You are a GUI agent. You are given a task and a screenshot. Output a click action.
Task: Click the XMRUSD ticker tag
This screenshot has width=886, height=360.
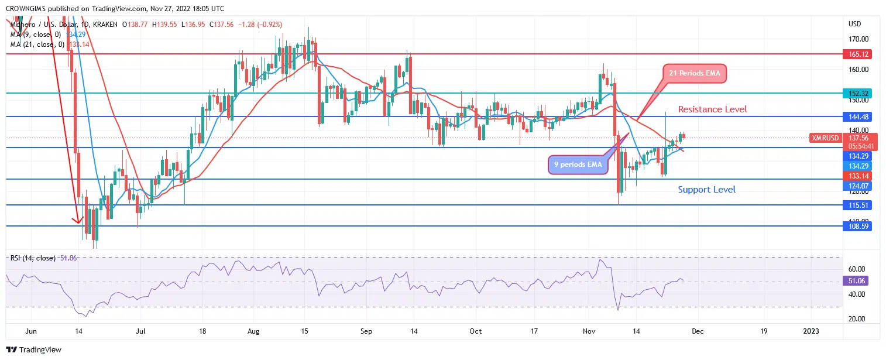click(825, 138)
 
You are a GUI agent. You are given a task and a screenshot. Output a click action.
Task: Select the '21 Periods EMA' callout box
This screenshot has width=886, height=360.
click(695, 74)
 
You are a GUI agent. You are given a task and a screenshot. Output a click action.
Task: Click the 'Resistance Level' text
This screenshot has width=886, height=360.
click(712, 109)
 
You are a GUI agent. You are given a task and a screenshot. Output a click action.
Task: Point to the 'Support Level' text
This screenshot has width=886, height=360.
click(706, 189)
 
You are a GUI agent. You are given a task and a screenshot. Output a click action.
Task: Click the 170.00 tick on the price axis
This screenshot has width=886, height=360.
click(858, 39)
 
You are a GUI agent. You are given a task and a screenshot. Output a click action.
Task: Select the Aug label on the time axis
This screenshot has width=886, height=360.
click(253, 331)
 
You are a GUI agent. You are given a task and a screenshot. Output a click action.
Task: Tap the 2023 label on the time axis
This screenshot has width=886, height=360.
click(811, 331)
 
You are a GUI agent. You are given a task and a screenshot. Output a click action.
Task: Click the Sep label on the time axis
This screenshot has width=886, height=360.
click(366, 331)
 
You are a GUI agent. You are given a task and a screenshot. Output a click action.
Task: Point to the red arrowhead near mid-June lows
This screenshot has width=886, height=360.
click(76, 221)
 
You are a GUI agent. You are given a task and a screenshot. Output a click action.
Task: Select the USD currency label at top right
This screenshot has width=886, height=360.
click(854, 24)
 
